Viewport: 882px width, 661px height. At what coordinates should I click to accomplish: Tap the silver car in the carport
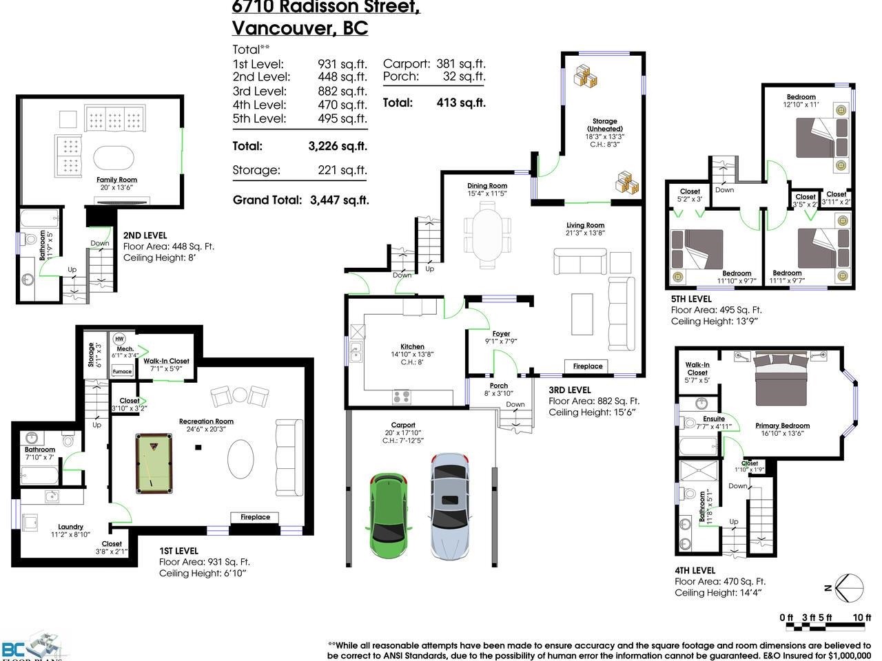tap(449, 505)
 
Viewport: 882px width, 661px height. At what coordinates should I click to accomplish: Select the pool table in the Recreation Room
tap(154, 462)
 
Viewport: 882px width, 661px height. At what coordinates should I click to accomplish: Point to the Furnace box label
tap(122, 371)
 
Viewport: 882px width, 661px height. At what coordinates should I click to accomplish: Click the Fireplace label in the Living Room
tap(588, 366)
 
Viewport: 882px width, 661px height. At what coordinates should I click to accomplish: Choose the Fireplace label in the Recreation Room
tap(255, 517)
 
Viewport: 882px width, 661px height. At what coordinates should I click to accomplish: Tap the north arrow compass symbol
tap(848, 587)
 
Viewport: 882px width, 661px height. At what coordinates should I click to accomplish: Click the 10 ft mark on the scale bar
tap(862, 618)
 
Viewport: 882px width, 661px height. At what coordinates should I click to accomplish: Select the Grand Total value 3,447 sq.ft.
tap(340, 200)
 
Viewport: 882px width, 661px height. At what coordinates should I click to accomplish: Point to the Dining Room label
tap(487, 186)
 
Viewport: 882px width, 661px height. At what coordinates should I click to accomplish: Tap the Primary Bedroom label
tap(782, 426)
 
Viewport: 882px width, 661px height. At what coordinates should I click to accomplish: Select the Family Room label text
tap(116, 180)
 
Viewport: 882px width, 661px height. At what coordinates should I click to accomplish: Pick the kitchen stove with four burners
tap(402, 397)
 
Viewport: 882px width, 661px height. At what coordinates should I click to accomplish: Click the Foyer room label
tap(501, 334)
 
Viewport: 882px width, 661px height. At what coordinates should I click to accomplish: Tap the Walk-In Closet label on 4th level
tap(697, 369)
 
